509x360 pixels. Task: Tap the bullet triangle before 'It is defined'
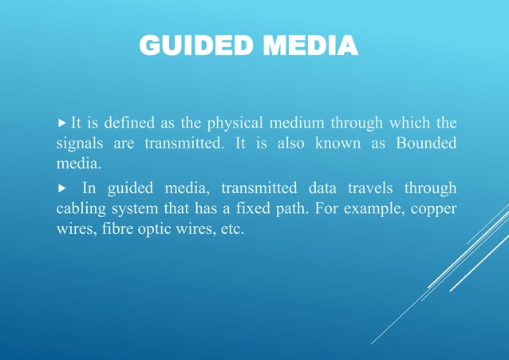pos(64,124)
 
